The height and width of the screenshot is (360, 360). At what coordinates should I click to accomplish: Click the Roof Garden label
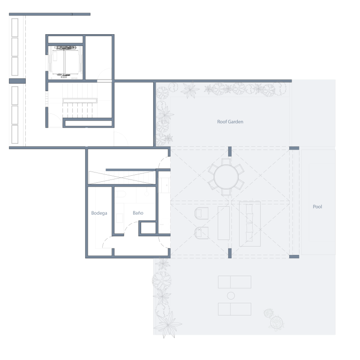230,122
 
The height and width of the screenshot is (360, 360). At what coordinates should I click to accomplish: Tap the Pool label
317,207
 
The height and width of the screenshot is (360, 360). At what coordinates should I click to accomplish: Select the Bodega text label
99,213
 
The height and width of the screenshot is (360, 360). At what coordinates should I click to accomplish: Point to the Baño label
138,213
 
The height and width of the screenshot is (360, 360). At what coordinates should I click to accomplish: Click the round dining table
226,177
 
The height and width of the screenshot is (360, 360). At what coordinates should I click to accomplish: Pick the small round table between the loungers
231,296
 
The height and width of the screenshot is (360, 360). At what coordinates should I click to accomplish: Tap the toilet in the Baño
120,194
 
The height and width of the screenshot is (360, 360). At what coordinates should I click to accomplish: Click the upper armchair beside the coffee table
202,213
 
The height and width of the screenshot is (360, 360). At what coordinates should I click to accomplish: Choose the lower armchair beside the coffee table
202,233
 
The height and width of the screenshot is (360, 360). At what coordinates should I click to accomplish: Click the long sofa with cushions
250,224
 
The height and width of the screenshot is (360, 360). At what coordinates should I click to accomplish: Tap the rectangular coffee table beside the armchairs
224,223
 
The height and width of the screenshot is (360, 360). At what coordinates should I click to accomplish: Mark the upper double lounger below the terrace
234,282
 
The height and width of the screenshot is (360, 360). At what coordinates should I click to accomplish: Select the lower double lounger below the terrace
234,309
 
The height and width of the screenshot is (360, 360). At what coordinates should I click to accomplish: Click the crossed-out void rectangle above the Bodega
122,178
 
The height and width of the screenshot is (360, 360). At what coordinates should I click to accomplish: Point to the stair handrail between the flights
80,101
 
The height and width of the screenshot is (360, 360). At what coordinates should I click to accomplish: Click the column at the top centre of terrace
230,151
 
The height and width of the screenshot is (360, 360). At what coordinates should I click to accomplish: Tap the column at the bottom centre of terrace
230,253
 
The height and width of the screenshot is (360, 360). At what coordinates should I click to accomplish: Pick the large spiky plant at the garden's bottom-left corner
168,324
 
